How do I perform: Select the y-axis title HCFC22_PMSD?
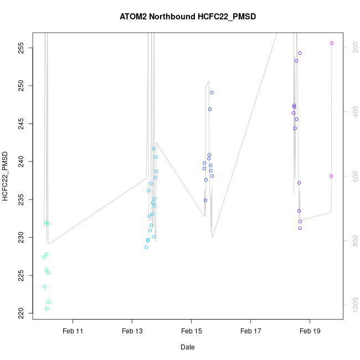(6, 176)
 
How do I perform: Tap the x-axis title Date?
(187, 347)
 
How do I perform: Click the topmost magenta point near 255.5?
(332, 43)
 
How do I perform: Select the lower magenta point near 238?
(331, 176)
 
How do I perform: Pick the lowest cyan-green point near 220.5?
(47, 309)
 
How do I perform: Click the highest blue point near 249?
(212, 92)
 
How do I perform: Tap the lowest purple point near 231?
(300, 228)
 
